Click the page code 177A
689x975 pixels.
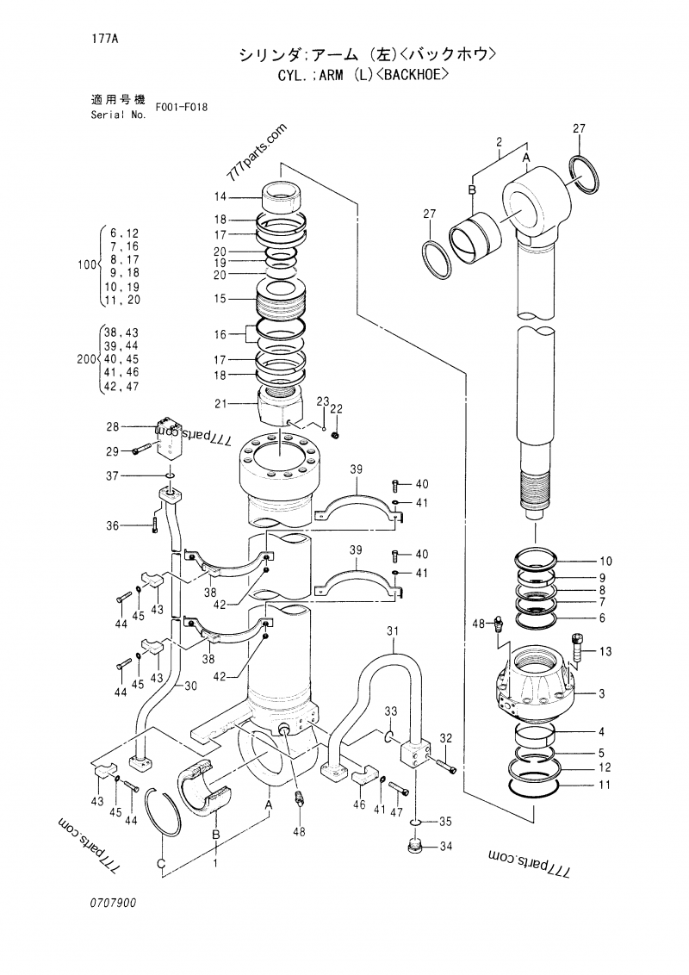(101, 38)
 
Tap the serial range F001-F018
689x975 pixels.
(182, 108)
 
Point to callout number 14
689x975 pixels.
(220, 197)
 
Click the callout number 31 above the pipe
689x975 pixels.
(394, 634)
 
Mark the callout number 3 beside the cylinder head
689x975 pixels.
(602, 693)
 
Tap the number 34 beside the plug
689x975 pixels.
(445, 847)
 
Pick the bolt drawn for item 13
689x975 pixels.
(577, 648)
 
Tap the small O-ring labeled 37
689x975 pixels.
(170, 475)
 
